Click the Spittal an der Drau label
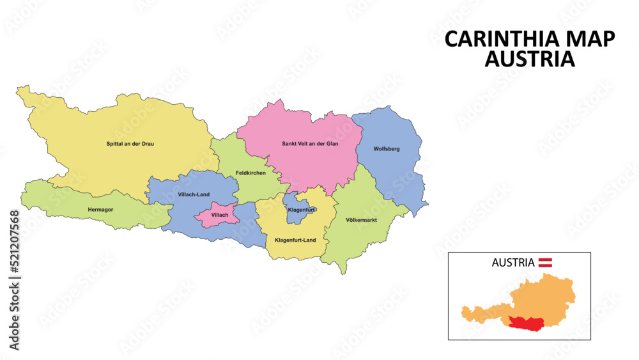click(x=130, y=144)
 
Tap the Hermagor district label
click(x=101, y=209)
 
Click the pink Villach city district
click(x=218, y=216)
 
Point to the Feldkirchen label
click(x=250, y=173)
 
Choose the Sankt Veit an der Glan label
click(x=310, y=144)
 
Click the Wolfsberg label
click(x=387, y=149)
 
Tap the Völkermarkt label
click(x=361, y=221)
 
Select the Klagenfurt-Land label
click(x=295, y=240)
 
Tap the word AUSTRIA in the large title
click(x=530, y=59)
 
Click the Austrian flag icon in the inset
click(x=545, y=262)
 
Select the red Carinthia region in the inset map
click(x=530, y=324)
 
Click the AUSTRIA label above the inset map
click(x=512, y=262)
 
